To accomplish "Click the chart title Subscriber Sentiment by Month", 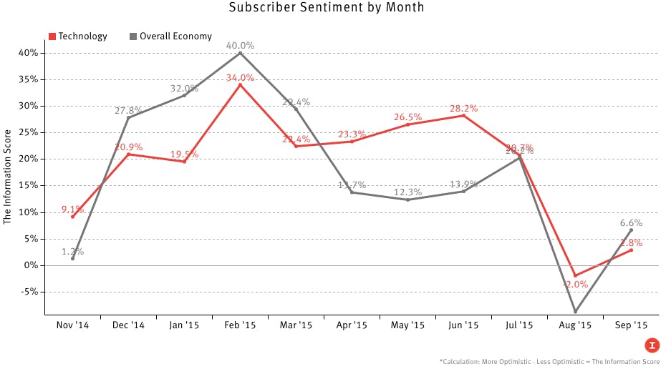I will [x=327, y=8].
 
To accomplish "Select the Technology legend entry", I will [x=78, y=36].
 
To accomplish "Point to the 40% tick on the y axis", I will [x=29, y=53].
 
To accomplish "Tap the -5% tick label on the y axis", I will [x=29, y=292].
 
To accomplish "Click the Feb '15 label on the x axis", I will [x=240, y=325].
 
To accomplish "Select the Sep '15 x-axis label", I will [x=631, y=325].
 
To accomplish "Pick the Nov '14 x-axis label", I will [x=72, y=325].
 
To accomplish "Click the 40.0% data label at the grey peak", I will [x=240, y=45].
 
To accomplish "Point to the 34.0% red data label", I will [x=240, y=78].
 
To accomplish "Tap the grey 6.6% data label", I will [x=631, y=222].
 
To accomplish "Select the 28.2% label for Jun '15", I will [x=463, y=108].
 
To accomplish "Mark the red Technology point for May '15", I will [x=407, y=124].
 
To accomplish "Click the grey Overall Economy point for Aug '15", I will [x=575, y=312].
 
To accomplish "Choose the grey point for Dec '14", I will [x=128, y=117].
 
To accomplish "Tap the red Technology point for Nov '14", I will [x=72, y=217].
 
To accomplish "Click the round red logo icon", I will [x=652, y=345].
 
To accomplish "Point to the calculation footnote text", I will [x=549, y=362].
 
